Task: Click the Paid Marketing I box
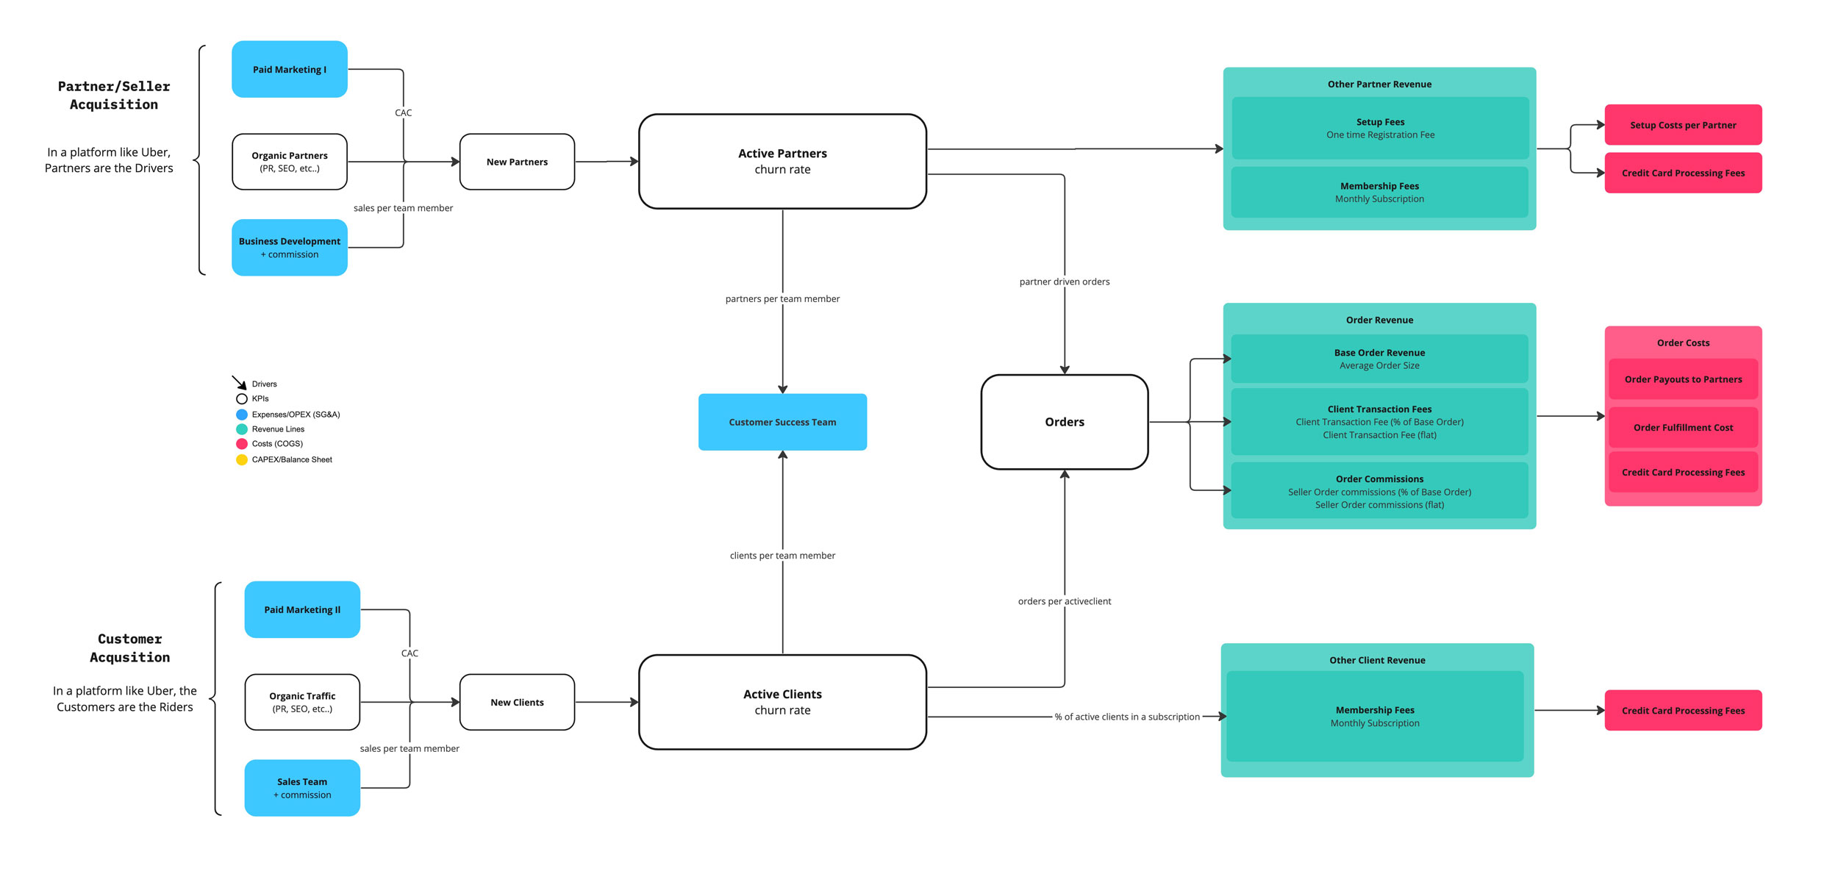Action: (290, 69)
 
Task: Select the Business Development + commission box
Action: (290, 248)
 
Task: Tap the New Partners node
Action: (517, 162)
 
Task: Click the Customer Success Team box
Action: (782, 422)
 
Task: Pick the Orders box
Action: (1064, 422)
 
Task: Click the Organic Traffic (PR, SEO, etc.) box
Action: (302, 702)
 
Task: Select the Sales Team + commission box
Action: (302, 788)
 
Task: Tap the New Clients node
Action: (517, 702)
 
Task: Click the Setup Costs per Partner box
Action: (1683, 125)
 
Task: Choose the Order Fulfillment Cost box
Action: (1683, 427)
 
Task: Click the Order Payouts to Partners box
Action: (1683, 379)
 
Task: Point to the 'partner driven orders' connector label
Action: (1064, 282)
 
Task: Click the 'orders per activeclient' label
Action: (1064, 601)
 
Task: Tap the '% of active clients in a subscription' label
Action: (1127, 717)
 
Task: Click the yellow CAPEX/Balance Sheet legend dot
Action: (241, 460)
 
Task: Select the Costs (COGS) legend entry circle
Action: (241, 444)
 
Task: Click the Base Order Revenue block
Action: (1379, 359)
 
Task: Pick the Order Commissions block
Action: (1379, 491)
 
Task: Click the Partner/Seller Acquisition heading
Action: (114, 96)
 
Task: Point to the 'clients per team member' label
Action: (782, 556)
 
